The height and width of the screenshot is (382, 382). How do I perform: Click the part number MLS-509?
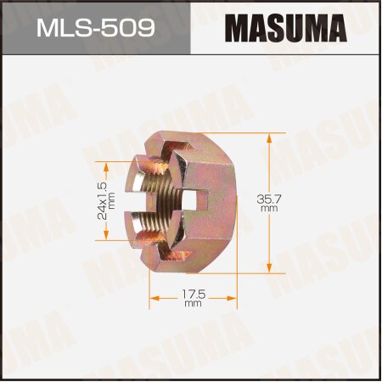point(95,30)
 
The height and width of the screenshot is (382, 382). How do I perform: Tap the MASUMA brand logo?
point(286,30)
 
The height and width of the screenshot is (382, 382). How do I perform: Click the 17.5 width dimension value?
point(193,293)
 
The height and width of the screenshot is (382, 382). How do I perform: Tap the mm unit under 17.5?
point(193,303)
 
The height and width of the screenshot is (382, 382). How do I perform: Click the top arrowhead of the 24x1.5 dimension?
point(106,165)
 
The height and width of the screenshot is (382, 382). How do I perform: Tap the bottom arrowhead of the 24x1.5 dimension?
point(106,239)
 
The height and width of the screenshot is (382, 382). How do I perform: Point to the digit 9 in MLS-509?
point(144,30)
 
